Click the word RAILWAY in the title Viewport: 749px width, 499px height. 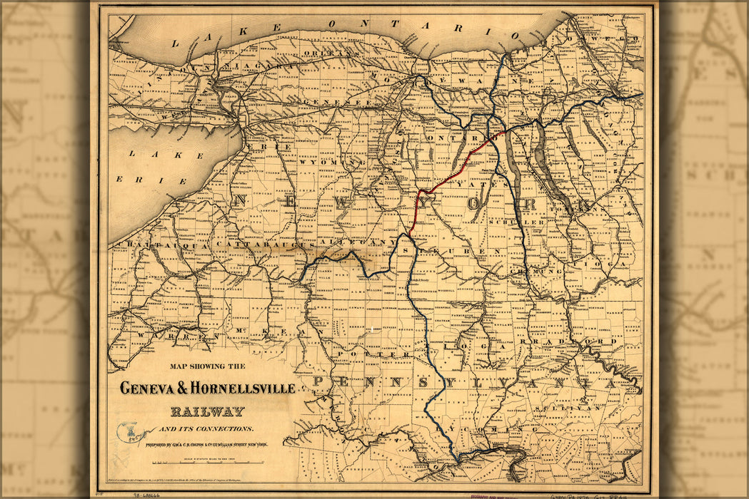pyautogui.click(x=207, y=411)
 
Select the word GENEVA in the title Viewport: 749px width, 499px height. pyautogui.click(x=146, y=389)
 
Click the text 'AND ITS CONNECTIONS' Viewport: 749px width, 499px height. pyautogui.click(x=206, y=428)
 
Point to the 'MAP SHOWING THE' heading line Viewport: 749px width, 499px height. pyautogui.click(x=208, y=366)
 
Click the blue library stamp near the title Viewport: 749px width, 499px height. pyautogui.click(x=129, y=431)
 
